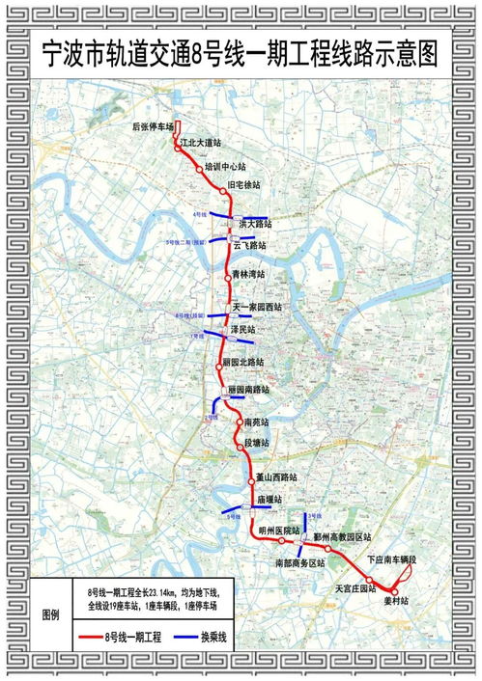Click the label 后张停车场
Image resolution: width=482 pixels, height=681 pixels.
pyautogui.click(x=152, y=126)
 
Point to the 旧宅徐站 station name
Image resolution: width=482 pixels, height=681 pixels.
pyautogui.click(x=244, y=184)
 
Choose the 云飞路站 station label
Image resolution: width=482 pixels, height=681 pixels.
pyautogui.click(x=249, y=246)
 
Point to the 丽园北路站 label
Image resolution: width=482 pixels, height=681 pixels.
pyautogui.click(x=242, y=362)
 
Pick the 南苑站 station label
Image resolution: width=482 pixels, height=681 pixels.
pyautogui.click(x=257, y=423)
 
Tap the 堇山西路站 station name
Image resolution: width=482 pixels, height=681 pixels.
pyautogui.click(x=275, y=477)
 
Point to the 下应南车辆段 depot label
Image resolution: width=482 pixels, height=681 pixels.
pyautogui.click(x=391, y=560)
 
